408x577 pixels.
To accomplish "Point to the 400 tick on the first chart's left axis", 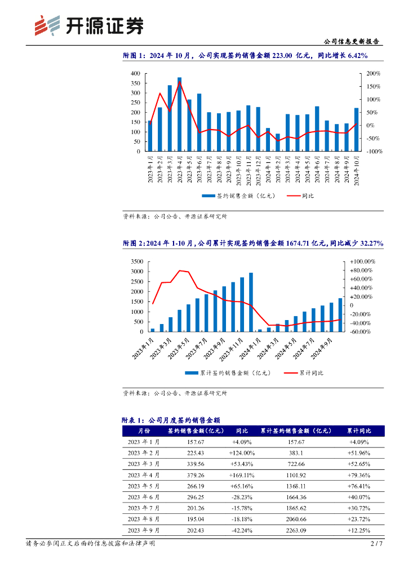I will (135, 74).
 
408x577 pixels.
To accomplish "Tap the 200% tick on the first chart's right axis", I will (374, 74).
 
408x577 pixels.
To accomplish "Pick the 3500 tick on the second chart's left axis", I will (135, 262).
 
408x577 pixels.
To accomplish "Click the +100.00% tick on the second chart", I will (363, 262).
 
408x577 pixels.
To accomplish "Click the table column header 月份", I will (144, 431).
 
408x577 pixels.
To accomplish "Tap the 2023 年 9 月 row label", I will (144, 530).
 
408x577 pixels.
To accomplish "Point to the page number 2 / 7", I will (376, 544).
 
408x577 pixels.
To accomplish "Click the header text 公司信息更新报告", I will (352, 41).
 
